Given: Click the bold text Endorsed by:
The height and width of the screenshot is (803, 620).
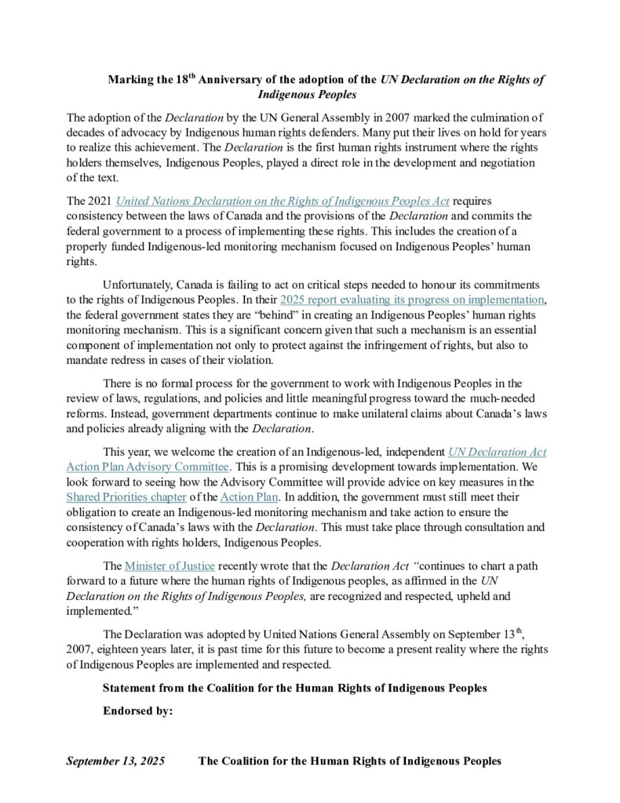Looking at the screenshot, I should pyautogui.click(x=137, y=711).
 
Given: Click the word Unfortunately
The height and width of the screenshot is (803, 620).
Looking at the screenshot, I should pyautogui.click(x=141, y=285).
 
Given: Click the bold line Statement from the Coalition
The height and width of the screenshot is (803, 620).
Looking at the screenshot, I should pyautogui.click(x=295, y=688).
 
